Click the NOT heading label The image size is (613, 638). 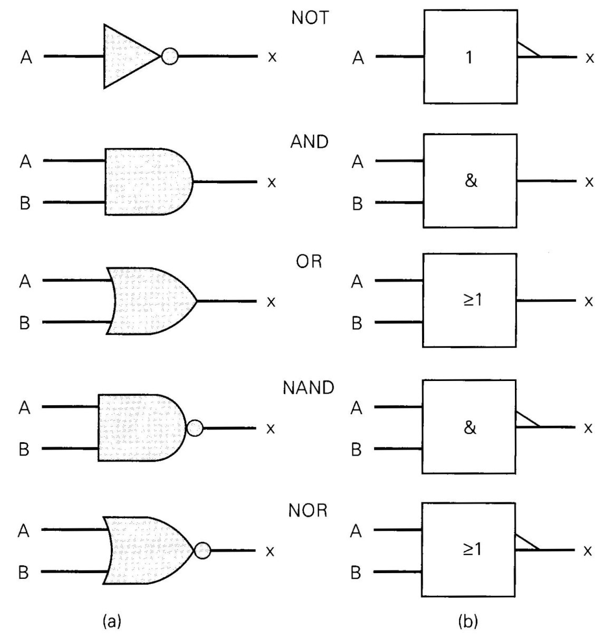310,18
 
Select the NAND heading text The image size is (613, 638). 308,388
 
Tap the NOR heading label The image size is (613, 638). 308,511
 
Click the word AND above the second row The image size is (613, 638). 309,142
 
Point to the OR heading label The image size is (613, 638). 309,262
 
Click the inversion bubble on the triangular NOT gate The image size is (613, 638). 170,56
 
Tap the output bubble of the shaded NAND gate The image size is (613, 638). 195,428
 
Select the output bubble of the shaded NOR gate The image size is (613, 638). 202,550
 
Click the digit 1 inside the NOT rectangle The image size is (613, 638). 470,58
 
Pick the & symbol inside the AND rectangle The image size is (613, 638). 471,180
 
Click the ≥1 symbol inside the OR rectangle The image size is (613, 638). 473,300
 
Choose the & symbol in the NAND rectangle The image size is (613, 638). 470,428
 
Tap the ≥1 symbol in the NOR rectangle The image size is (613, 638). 472,550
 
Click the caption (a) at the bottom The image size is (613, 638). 112,622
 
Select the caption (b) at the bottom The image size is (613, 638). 468,622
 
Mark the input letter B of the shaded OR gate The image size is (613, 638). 25,322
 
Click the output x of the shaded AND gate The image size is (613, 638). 272,182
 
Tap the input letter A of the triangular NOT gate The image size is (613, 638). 26,58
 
